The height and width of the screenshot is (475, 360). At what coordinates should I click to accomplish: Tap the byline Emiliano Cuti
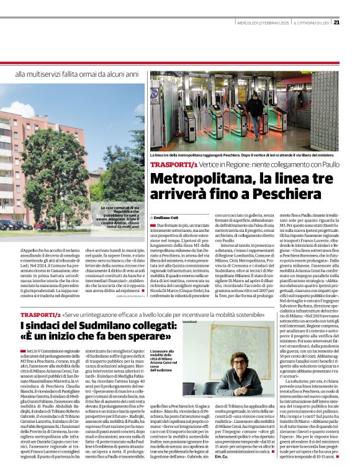[166, 217]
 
